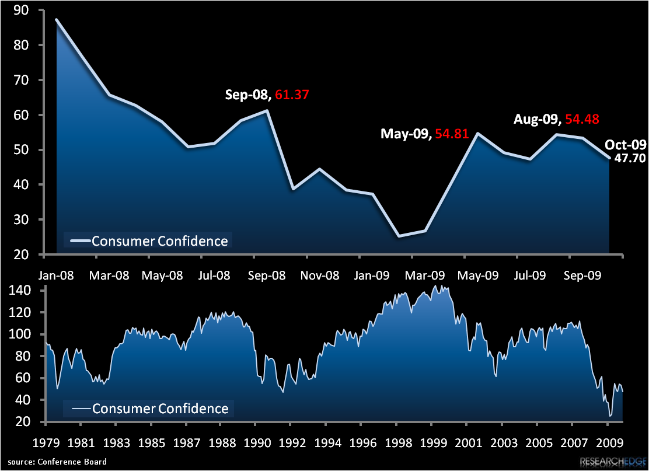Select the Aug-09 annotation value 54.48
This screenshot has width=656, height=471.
point(580,119)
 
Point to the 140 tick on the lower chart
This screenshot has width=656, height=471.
point(26,290)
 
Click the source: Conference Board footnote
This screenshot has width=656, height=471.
point(57,462)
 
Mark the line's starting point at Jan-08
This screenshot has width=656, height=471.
point(57,19)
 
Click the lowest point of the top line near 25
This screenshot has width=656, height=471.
point(398,236)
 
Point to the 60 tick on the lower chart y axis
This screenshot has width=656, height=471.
point(29,378)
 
